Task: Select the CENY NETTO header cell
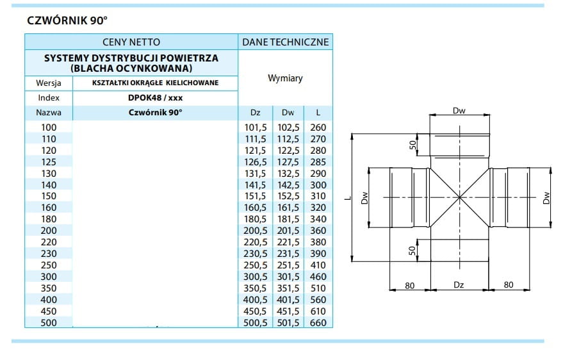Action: pyautogui.click(x=131, y=42)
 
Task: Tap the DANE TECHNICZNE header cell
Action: pyautogui.click(x=285, y=42)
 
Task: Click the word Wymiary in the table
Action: pyautogui.click(x=285, y=78)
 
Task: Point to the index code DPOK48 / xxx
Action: pyautogui.click(x=154, y=98)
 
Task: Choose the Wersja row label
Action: pyautogui.click(x=49, y=83)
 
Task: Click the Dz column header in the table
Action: pyautogui.click(x=255, y=113)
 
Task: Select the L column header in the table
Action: pyautogui.click(x=318, y=113)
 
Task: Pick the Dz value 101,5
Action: pyautogui.click(x=255, y=127)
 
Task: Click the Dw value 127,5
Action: pyautogui.click(x=288, y=162)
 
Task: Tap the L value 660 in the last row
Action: pyautogui.click(x=318, y=322)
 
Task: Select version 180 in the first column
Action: pyautogui.click(x=49, y=219)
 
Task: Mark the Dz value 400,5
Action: pyautogui.click(x=255, y=299)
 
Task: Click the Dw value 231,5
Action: pyautogui.click(x=288, y=254)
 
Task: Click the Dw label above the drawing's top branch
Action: pyautogui.click(x=459, y=111)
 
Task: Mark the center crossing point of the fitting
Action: pyautogui.click(x=459, y=197)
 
